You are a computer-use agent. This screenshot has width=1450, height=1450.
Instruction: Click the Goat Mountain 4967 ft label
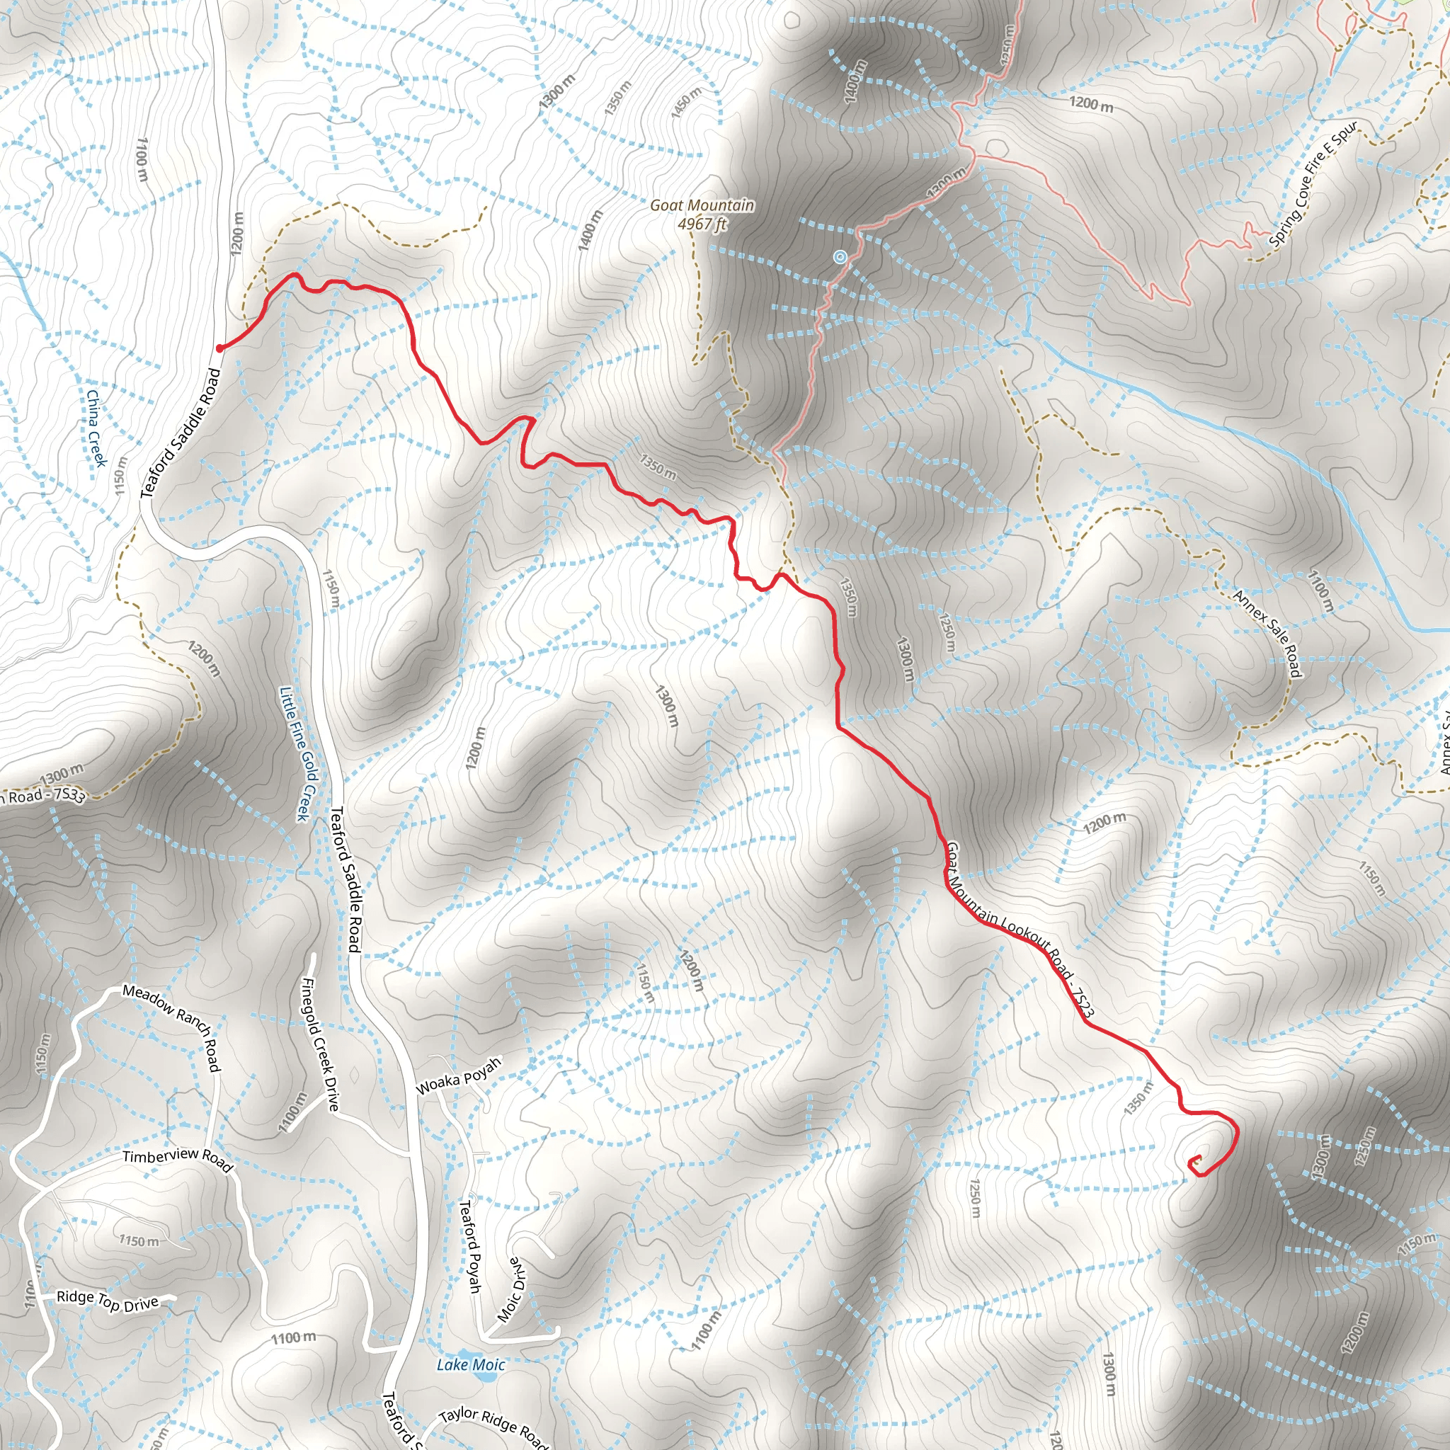click(702, 215)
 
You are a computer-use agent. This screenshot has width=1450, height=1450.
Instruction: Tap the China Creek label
click(96, 428)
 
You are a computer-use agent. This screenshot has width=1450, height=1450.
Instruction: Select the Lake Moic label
click(471, 1364)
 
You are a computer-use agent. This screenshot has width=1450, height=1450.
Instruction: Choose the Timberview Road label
click(178, 1158)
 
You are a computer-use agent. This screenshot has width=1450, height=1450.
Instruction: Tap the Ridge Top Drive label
click(108, 1301)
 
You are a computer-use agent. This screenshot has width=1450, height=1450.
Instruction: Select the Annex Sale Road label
click(1267, 633)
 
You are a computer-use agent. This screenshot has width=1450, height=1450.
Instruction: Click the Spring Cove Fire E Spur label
click(1313, 184)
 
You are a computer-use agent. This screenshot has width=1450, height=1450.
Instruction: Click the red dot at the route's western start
click(219, 348)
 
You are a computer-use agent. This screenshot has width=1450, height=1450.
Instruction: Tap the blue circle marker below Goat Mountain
click(840, 258)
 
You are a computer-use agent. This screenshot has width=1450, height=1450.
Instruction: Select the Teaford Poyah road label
click(470, 1247)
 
